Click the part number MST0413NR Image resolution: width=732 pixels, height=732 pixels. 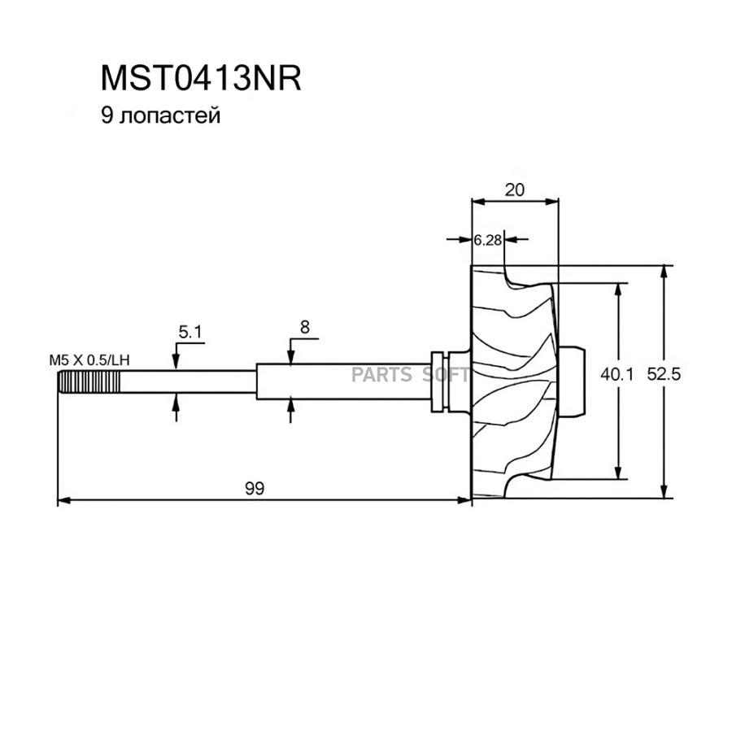(201, 79)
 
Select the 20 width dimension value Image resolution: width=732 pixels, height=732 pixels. (514, 190)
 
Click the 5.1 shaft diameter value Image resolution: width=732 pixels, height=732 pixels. (190, 331)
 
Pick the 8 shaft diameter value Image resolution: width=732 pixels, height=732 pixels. (304, 327)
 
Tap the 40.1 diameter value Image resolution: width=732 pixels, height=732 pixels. (617, 375)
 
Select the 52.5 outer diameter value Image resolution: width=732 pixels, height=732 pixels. (685, 375)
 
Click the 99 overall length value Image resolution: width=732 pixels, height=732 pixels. (255, 488)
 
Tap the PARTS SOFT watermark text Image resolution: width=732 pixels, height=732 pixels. (410, 375)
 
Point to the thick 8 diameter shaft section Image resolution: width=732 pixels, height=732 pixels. (342, 381)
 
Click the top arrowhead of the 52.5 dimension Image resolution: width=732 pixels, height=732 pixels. (665, 272)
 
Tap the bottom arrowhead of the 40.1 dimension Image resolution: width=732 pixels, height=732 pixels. (620, 476)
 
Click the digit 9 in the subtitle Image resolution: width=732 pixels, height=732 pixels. (105, 115)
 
